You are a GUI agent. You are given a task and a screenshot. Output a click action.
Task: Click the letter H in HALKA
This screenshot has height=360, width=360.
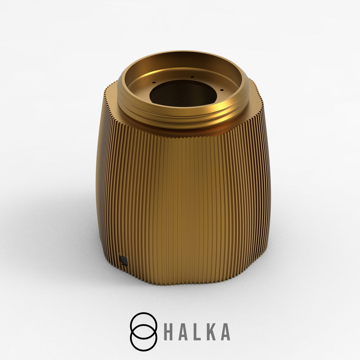(x=168, y=332)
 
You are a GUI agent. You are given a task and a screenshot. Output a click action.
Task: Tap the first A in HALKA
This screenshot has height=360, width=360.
(x=182, y=332)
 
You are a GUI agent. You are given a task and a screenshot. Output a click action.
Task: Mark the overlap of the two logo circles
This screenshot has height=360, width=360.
(x=144, y=332)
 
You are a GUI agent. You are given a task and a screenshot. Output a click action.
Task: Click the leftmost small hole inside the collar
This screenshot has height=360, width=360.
(x=154, y=82)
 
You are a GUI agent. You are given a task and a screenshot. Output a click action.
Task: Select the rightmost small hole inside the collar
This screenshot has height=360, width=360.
(x=221, y=90)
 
